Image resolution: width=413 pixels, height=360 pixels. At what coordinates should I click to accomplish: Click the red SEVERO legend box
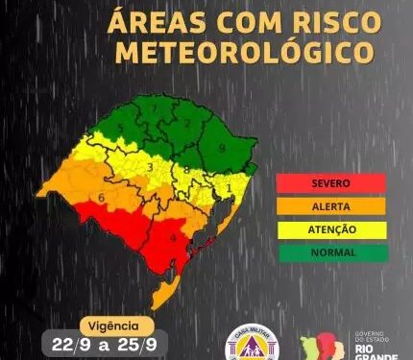click(x=330, y=182)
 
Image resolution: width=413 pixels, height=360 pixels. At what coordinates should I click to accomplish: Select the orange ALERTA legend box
click(x=330, y=205)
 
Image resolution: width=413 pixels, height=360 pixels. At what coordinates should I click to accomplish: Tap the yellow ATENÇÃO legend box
click(x=330, y=229)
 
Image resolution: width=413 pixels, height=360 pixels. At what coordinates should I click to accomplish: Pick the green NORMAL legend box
click(x=330, y=252)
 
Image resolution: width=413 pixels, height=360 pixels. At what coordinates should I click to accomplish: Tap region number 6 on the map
click(x=102, y=198)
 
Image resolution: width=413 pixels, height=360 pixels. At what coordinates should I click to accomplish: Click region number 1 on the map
click(x=228, y=186)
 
